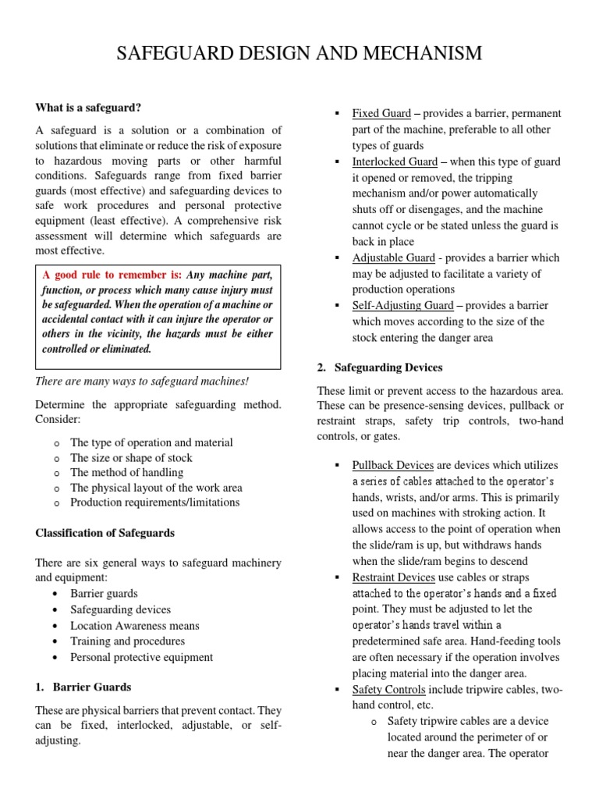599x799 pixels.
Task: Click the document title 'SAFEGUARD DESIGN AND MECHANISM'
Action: tap(299, 53)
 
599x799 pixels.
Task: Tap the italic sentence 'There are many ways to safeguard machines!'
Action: tap(142, 381)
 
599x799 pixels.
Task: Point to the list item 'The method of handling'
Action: tap(126, 472)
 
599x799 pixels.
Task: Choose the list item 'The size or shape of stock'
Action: tap(131, 457)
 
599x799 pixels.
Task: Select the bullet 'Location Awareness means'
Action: tap(135, 625)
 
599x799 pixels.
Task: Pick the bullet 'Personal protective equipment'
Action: tap(141, 656)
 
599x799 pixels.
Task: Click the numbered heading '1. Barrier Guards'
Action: tap(83, 687)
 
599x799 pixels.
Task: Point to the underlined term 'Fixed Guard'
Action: tap(381, 113)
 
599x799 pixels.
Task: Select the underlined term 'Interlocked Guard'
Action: tap(395, 162)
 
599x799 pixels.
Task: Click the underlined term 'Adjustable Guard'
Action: tap(394, 257)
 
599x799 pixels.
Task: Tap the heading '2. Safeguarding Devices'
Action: tap(380, 367)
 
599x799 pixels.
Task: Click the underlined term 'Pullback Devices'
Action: tap(392, 465)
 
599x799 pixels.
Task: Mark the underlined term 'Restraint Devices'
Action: tap(393, 577)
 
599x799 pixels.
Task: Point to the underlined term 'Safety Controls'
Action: tap(388, 690)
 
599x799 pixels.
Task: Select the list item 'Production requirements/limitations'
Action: tap(154, 502)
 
